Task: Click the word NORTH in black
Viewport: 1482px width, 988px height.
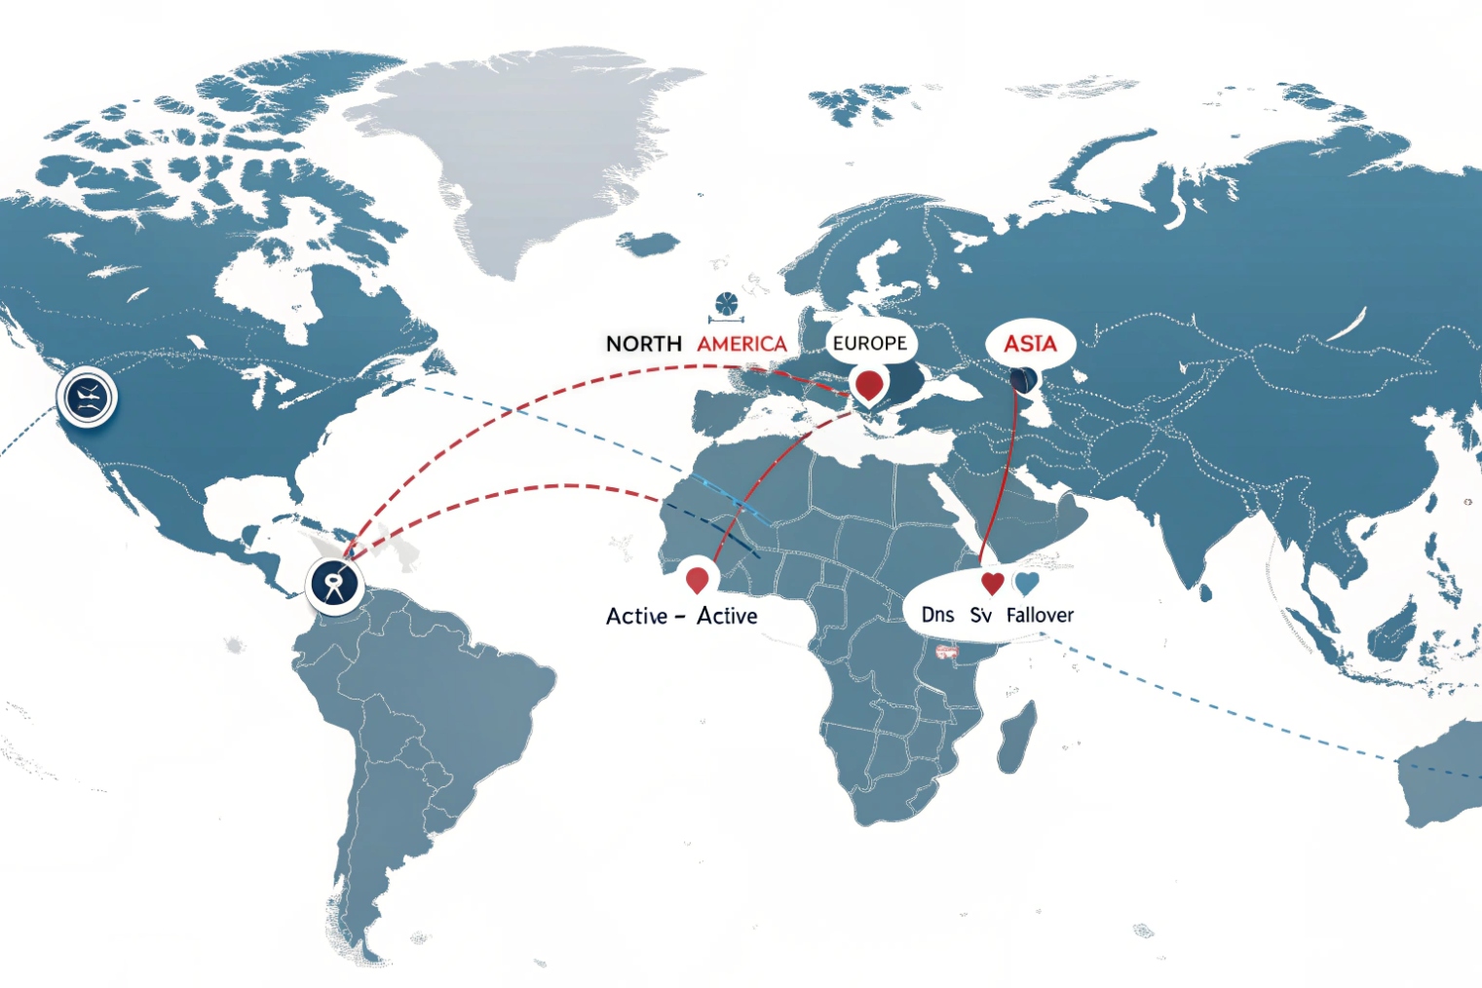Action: tap(643, 344)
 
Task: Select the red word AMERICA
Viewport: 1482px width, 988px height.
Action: tap(741, 344)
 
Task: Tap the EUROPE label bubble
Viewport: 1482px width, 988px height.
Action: tap(869, 343)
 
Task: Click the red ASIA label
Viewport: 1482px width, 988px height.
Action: tap(1030, 344)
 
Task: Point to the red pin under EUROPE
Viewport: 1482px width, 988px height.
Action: tap(867, 384)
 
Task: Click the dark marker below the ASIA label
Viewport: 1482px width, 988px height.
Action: tap(1023, 379)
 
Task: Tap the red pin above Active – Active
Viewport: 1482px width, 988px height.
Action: tap(697, 579)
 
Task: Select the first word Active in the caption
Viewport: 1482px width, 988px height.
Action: tap(636, 616)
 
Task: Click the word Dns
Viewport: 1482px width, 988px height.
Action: tap(937, 615)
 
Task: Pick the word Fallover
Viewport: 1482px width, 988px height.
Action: tap(1040, 615)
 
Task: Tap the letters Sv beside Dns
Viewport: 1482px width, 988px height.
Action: tap(980, 615)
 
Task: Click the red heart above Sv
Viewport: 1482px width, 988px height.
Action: tap(992, 584)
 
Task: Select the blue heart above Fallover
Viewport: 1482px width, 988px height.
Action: tap(1027, 584)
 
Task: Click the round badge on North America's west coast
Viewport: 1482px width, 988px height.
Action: tap(87, 397)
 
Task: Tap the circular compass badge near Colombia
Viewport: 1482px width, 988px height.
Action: tap(334, 585)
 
